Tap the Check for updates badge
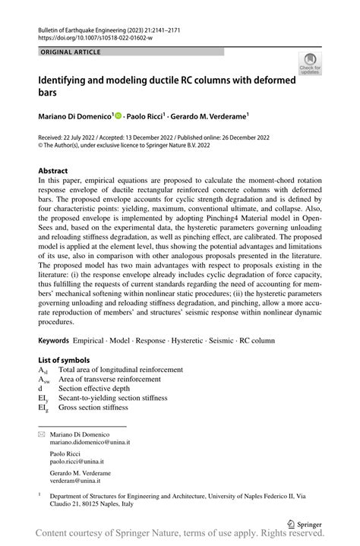[311, 64]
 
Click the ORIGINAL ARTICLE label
[73, 52]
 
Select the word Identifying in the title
[66, 80]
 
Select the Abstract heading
[53, 171]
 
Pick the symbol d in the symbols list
[40, 388]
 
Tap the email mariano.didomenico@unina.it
[90, 442]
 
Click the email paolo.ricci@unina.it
[77, 461]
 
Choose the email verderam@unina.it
[77, 481]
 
